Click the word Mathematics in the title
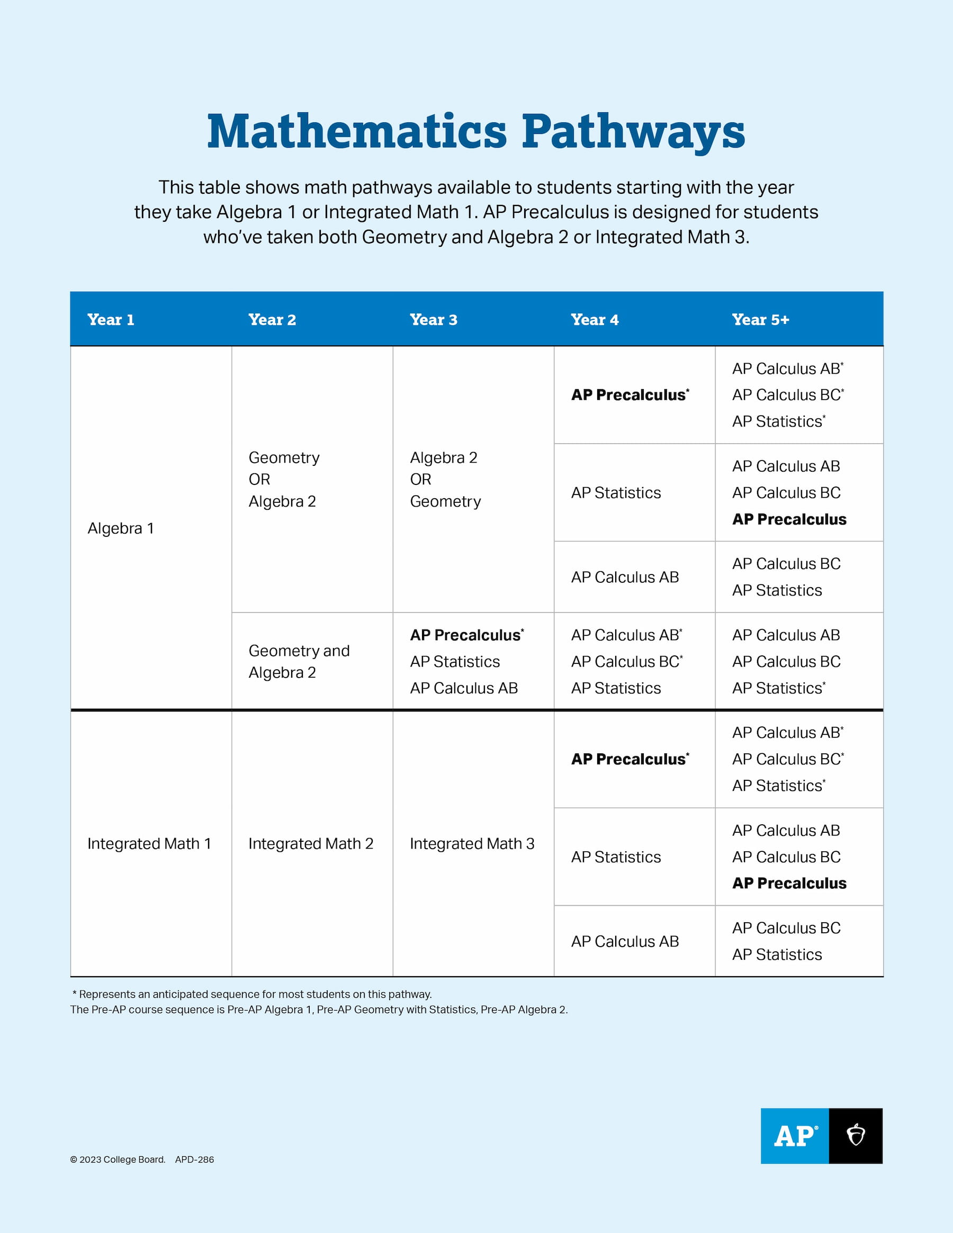tap(357, 131)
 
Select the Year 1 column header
tap(111, 320)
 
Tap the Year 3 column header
tap(433, 320)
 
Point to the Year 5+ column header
tap(760, 320)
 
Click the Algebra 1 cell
tap(120, 528)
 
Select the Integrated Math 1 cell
tap(149, 843)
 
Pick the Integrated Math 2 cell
tap(310, 843)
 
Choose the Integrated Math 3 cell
tap(472, 843)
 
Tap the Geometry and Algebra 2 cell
tap(299, 661)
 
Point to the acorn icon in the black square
tap(856, 1135)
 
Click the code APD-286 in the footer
tap(194, 1159)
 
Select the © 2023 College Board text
tap(118, 1159)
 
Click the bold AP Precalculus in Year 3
tap(465, 635)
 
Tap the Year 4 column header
tap(595, 320)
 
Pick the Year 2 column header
tap(272, 320)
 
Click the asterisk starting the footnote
tap(75, 993)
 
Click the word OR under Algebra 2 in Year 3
tap(420, 479)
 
